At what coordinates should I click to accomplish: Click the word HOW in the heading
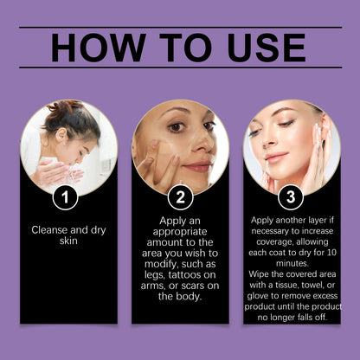click(98, 48)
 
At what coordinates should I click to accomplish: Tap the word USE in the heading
click(267, 48)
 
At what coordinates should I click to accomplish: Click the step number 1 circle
click(65, 197)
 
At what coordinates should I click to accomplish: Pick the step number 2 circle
click(180, 197)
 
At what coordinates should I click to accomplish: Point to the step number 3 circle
click(291, 197)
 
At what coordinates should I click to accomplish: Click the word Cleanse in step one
click(49, 230)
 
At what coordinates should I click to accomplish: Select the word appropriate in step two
click(180, 232)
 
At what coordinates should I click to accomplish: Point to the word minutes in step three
click(292, 263)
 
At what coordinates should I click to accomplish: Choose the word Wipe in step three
click(257, 274)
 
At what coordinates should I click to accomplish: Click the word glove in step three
click(257, 296)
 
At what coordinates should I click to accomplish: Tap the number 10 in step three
click(331, 253)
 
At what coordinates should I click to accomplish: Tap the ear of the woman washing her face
click(61, 135)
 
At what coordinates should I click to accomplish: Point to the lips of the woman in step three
click(276, 157)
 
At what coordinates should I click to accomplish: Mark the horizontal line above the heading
click(180, 28)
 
